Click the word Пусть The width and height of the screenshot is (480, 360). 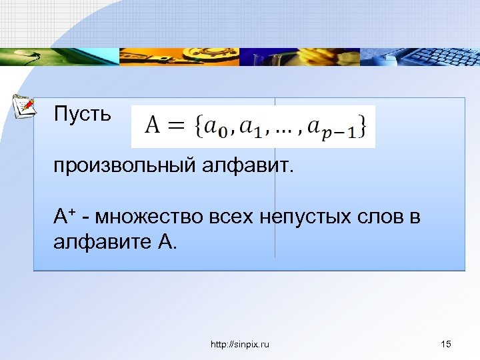pyautogui.click(x=83, y=114)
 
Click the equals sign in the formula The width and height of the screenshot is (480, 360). pyautogui.click(x=177, y=126)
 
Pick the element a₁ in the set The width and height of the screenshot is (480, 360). pyautogui.click(x=253, y=127)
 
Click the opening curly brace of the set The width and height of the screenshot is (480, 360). pyautogui.click(x=198, y=126)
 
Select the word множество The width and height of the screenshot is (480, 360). pyautogui.click(x=154, y=217)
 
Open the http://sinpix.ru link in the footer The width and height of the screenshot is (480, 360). pyautogui.click(x=239, y=344)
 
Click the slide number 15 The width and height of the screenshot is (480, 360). pyautogui.click(x=446, y=344)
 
